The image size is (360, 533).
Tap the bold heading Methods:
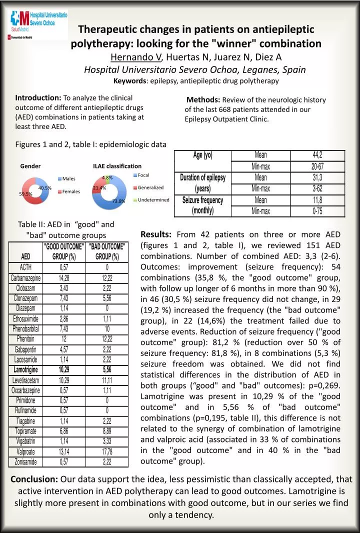pyautogui.click(x=203, y=100)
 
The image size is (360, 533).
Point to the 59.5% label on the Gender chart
pyautogui.click(x=25, y=194)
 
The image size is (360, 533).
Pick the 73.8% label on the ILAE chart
pyautogui.click(x=118, y=201)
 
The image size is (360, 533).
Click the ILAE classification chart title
pyautogui.click(x=117, y=166)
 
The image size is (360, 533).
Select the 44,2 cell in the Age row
pyautogui.click(x=316, y=155)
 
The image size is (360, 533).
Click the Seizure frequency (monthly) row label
pyautogui.click(x=202, y=205)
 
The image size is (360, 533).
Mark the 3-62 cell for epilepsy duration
pyautogui.click(x=316, y=188)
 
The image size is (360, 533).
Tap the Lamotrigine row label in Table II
pyautogui.click(x=25, y=369)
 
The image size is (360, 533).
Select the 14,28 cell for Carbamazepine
pyautogui.click(x=64, y=277)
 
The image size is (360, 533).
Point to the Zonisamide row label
pyautogui.click(x=25, y=461)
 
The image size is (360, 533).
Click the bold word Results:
pyautogui.click(x=156, y=234)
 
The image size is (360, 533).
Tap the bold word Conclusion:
pyautogui.click(x=34, y=479)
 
